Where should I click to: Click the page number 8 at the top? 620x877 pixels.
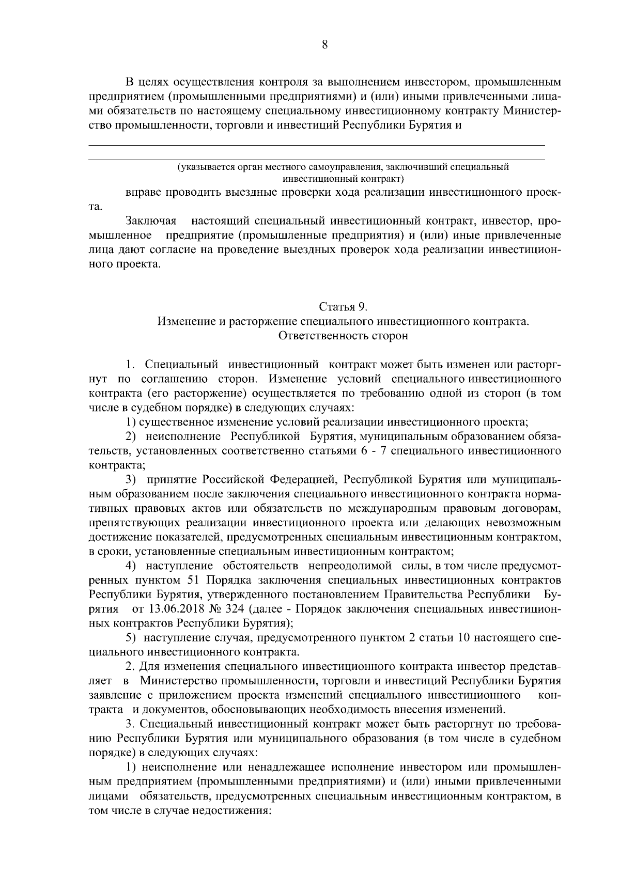point(324,45)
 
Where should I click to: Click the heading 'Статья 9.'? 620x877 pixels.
point(343,307)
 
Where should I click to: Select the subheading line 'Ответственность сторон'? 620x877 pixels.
point(343,336)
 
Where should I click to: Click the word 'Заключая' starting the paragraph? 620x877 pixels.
point(151,222)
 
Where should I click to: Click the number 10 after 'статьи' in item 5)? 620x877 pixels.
point(463,637)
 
